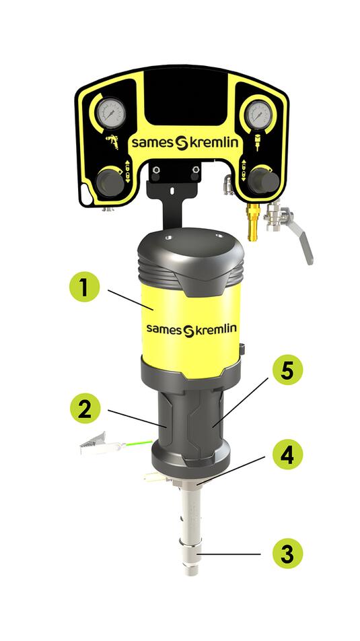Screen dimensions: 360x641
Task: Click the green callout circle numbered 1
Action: tap(84, 287)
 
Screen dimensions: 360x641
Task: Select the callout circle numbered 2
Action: tap(85, 408)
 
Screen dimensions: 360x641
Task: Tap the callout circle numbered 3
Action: tap(288, 553)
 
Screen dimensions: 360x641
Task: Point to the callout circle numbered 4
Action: tap(288, 454)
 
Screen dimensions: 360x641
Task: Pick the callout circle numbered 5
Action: tap(288, 370)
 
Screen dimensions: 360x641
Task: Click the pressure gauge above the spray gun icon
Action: tap(110, 113)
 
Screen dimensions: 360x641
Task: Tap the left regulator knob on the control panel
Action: tap(110, 182)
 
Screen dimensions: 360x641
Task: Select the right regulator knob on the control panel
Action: tap(264, 180)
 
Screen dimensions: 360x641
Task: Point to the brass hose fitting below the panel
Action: tap(254, 221)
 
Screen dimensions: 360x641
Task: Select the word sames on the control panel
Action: tap(153, 143)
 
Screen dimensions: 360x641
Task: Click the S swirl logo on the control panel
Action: tap(182, 143)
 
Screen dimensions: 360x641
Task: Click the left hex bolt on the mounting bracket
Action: tap(155, 170)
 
